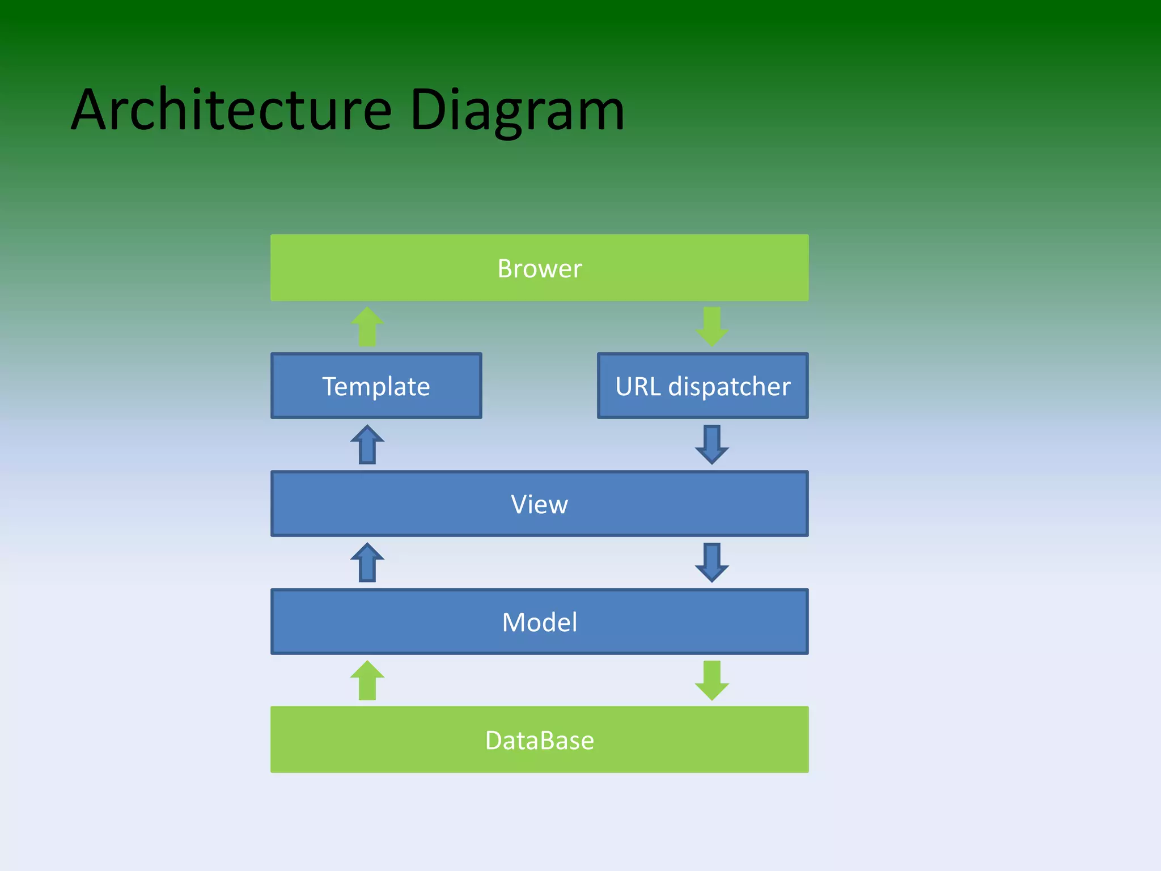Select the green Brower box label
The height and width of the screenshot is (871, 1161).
point(539,268)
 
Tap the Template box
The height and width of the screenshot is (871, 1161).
point(376,386)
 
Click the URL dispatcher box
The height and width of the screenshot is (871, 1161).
point(702,386)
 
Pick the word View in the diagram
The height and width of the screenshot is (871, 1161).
point(539,504)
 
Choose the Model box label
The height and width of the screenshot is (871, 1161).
point(539,622)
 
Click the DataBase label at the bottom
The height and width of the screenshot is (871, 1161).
point(539,740)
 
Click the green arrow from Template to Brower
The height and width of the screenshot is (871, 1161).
point(367,327)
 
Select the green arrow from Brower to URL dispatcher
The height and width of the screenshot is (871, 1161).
point(711,327)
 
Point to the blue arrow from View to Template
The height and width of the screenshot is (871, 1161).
point(367,445)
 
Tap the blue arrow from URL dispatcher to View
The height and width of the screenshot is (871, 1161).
point(711,445)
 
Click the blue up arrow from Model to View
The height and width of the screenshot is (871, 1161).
point(367,563)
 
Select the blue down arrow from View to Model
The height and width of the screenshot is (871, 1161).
point(711,563)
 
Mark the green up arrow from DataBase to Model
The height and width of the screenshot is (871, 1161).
point(367,680)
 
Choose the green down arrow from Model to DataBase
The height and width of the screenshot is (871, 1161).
point(711,680)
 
